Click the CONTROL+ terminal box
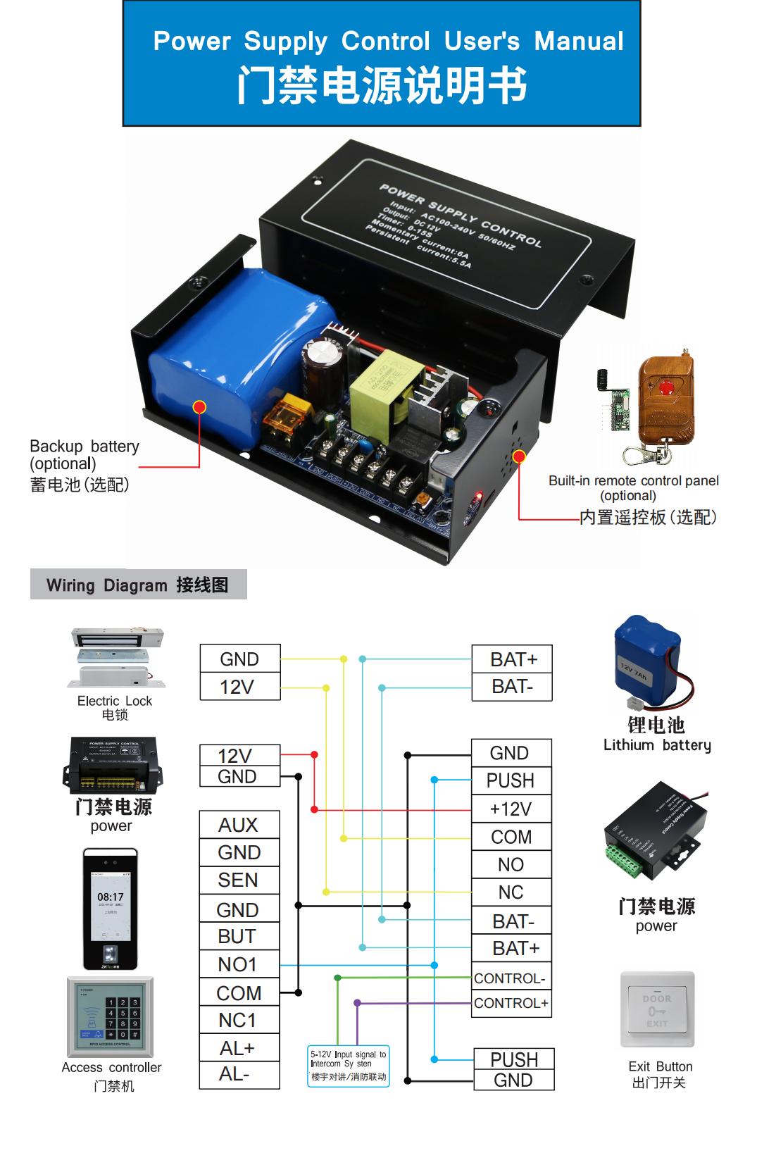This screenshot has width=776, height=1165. pyautogui.click(x=511, y=1003)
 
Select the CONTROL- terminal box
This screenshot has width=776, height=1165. pyautogui.click(x=510, y=978)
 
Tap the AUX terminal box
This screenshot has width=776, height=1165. pyautogui.click(x=239, y=825)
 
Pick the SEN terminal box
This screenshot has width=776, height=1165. pyautogui.click(x=239, y=880)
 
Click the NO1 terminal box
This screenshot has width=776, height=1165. pyautogui.click(x=238, y=964)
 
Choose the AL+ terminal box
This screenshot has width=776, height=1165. pyautogui.click(x=238, y=1048)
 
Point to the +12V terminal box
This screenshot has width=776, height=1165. pyautogui.click(x=511, y=809)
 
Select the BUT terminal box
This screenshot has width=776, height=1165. pyautogui.click(x=238, y=936)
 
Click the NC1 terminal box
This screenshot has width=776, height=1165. pyautogui.click(x=238, y=1020)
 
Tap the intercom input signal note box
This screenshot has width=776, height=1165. pyautogui.click(x=349, y=1065)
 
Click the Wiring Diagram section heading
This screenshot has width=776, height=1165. pyautogui.click(x=138, y=585)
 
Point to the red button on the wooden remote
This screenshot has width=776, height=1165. pyautogui.click(x=663, y=385)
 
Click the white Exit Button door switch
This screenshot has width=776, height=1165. pyautogui.click(x=657, y=1009)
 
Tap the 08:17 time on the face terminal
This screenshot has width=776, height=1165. pyautogui.click(x=111, y=897)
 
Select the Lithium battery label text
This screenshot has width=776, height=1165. pyautogui.click(x=656, y=745)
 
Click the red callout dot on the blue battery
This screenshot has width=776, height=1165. pyautogui.click(x=199, y=407)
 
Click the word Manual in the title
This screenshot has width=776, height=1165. pyautogui.click(x=579, y=41)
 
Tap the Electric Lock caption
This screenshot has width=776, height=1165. pyautogui.click(x=115, y=701)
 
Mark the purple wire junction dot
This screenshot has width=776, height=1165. pyautogui.click(x=357, y=1002)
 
